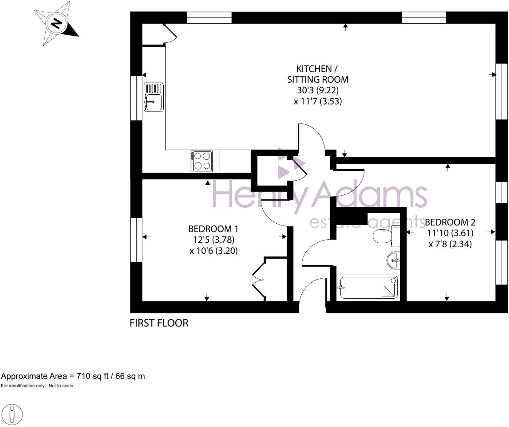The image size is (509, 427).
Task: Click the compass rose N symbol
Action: pos(56,24)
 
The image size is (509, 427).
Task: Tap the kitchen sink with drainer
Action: pos(153,97)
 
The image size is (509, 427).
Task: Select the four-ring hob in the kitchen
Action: pos(202,161)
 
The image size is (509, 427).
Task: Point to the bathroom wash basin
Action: pos(393,260)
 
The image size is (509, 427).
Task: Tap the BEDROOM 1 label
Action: pos(213,229)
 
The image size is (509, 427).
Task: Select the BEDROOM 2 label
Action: pos(450,222)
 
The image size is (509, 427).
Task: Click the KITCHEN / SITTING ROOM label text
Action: pos(317,74)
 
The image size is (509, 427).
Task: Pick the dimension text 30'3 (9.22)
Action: pos(317,90)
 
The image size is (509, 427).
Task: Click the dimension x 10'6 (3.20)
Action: pos(214,251)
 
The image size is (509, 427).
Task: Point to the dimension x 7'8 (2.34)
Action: pos(450,244)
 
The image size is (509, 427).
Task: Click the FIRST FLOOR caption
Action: pos(159,323)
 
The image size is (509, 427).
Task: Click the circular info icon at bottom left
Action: pos(12,415)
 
